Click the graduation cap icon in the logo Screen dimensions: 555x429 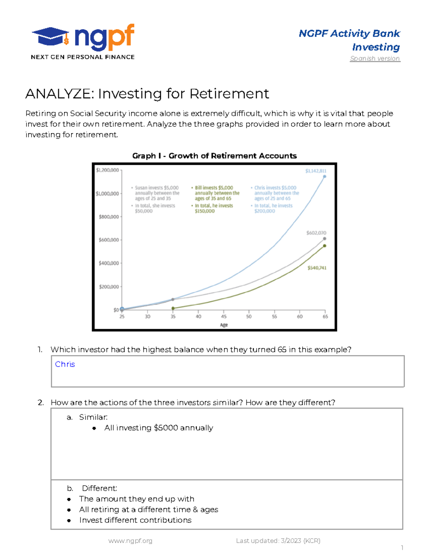pyautogui.click(x=50, y=36)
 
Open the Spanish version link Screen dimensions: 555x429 pyautogui.click(x=375, y=58)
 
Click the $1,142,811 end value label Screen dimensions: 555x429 pyautogui.click(x=316, y=171)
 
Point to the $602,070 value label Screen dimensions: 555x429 pyautogui.click(x=316, y=233)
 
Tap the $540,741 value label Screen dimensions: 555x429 pyautogui.click(x=317, y=268)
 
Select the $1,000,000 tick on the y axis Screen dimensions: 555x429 pyautogui.click(x=107, y=194)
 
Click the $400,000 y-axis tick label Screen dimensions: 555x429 pyautogui.click(x=109, y=263)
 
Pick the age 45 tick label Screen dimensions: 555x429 pyautogui.click(x=224, y=317)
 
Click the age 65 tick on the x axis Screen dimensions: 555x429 pyautogui.click(x=325, y=317)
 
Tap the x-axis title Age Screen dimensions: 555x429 pyautogui.click(x=224, y=325)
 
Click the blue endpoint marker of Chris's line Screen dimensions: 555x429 pyautogui.click(x=325, y=177)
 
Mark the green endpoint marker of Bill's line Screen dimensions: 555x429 pyautogui.click(x=325, y=246)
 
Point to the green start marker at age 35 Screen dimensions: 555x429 pyautogui.click(x=173, y=308)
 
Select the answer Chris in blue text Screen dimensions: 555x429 pyautogui.click(x=65, y=364)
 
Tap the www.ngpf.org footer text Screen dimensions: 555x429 pyautogui.click(x=130, y=541)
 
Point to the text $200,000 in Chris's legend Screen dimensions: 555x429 pyautogui.click(x=265, y=211)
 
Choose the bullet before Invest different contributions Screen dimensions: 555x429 pyautogui.click(x=69, y=520)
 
